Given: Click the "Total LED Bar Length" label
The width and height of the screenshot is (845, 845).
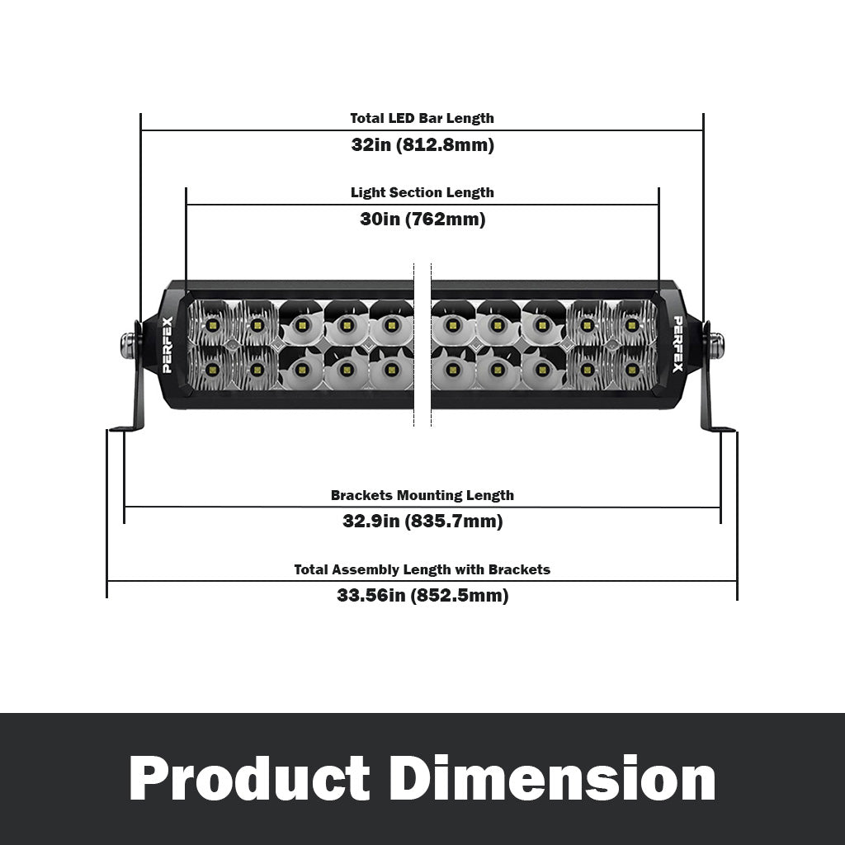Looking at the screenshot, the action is pos(422,119).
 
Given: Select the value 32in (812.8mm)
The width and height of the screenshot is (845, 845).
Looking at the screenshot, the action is pos(422,145).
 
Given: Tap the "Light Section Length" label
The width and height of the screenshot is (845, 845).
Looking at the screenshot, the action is pos(422,193).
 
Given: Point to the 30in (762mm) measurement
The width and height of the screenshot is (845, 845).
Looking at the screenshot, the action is pos(422,220).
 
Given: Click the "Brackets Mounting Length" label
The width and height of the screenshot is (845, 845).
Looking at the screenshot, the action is pos(422,495).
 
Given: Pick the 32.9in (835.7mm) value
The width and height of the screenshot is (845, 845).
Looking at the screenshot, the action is pos(422,522).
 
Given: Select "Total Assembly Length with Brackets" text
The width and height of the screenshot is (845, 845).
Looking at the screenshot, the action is pos(422,569).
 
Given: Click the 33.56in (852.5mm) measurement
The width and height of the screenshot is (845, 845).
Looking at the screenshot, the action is pos(422,596).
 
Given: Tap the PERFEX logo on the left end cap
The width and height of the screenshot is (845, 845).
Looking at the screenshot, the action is pos(167,345).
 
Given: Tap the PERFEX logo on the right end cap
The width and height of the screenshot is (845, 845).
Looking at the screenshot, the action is pos(677,344).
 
